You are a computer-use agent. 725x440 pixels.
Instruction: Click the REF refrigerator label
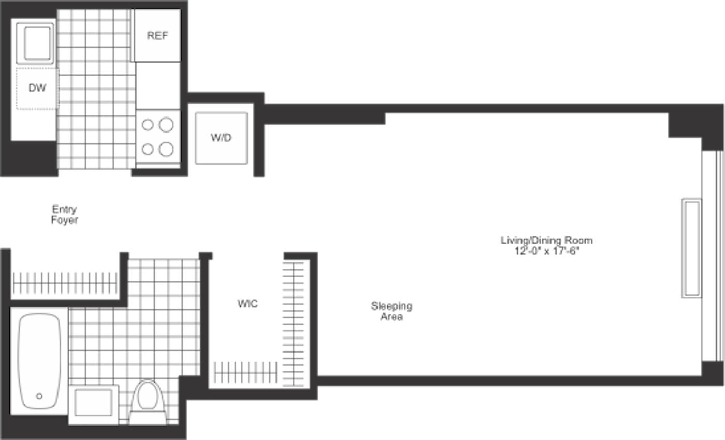[x=157, y=36]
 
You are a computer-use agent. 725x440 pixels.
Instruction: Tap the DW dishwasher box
[x=37, y=88]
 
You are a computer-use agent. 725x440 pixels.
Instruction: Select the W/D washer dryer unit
[x=221, y=138]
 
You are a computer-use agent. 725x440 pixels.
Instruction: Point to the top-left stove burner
[x=148, y=125]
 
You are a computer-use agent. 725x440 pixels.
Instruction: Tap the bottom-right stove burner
[x=166, y=150]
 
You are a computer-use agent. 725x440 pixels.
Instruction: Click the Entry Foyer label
[x=65, y=214]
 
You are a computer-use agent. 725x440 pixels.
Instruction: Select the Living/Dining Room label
[x=546, y=240]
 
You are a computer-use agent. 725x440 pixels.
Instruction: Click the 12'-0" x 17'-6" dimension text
[x=546, y=251]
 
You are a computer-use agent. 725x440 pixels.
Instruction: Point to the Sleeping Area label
[x=392, y=311]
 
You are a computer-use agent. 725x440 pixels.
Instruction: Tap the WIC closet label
[x=247, y=304]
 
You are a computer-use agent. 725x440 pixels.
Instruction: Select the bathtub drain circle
[x=39, y=397]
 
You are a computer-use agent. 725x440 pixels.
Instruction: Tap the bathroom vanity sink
[x=94, y=403]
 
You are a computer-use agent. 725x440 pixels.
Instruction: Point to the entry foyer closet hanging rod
[x=65, y=284]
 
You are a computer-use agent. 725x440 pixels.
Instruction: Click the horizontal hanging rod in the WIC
[x=244, y=371]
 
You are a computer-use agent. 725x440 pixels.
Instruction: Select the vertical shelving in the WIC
[x=294, y=321]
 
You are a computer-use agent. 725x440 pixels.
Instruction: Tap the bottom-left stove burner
[x=148, y=150]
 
